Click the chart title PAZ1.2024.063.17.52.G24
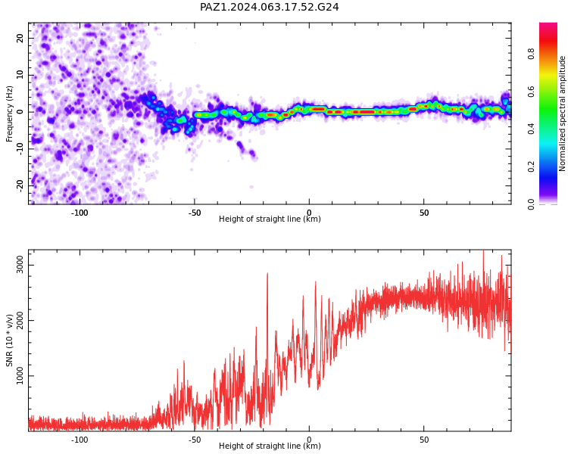pos(269,7)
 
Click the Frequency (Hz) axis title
pos(9,113)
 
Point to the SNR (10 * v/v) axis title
pos(9,340)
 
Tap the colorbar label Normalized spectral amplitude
pos(562,113)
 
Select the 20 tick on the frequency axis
pos(20,38)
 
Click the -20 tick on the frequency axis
pos(20,186)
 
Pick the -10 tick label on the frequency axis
pos(20,149)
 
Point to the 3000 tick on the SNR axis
pos(20,265)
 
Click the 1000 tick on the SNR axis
pos(20,376)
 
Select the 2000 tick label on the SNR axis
pos(20,320)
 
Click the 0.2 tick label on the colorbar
pos(531,166)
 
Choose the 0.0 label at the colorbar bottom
pos(531,204)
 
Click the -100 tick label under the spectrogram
pos(80,213)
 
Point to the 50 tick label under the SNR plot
pos(424,440)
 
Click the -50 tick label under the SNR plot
pos(194,440)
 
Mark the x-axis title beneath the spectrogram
pos(270,219)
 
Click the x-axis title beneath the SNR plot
pos(270,446)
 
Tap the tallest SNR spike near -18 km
pos(267,274)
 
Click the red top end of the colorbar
pos(548,25)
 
